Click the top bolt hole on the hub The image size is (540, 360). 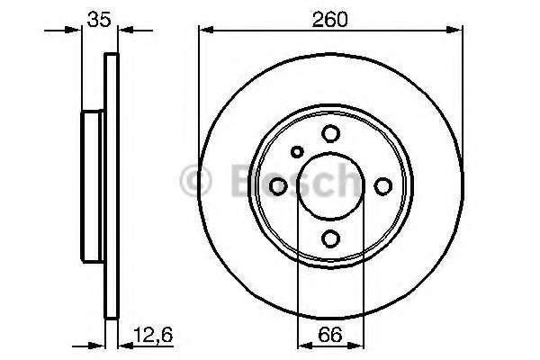(331, 133)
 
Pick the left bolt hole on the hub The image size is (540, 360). (278, 185)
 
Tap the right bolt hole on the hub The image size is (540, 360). (383, 185)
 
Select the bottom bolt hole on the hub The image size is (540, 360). (331, 238)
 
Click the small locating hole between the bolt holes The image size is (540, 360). (297, 153)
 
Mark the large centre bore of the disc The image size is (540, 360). (331, 185)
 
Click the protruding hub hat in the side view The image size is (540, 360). (94, 185)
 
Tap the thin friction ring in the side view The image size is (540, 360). (112, 185)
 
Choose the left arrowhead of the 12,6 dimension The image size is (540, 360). (99, 343)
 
